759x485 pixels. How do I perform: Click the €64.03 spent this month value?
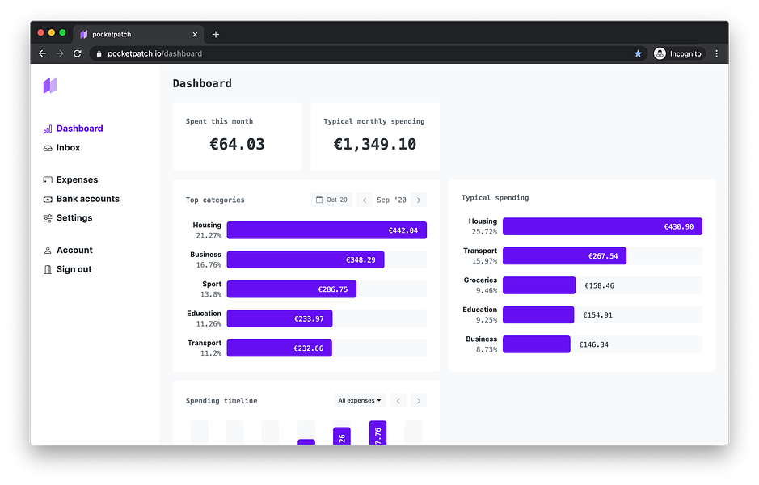click(237, 144)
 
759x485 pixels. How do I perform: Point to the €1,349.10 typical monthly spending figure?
click(375, 144)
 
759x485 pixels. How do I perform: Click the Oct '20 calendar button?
click(331, 200)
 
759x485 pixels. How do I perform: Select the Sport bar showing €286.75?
click(292, 289)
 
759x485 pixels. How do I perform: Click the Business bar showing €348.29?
click(306, 260)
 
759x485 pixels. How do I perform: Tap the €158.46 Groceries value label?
click(599, 285)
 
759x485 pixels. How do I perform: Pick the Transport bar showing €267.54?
click(564, 256)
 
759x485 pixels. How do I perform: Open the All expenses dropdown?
click(360, 401)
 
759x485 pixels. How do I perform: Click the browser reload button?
click(78, 53)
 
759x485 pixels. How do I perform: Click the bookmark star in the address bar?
click(638, 53)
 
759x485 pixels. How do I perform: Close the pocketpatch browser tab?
click(195, 35)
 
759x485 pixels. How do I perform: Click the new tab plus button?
click(216, 35)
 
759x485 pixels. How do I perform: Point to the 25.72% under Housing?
click(484, 232)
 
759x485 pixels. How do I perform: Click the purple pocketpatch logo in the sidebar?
click(50, 86)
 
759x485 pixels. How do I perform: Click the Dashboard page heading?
click(202, 84)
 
